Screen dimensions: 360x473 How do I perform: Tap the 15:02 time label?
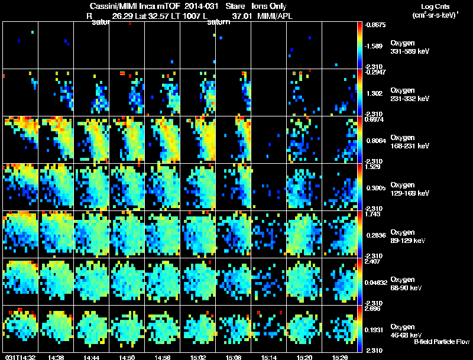click(198, 357)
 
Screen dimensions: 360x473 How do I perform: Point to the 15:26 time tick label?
click(339, 357)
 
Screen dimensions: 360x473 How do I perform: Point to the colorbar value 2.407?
click(373, 261)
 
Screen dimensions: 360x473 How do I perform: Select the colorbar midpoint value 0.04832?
click(375, 282)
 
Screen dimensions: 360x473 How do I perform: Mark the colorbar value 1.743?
click(373, 214)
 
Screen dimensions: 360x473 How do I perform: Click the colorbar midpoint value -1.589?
click(374, 46)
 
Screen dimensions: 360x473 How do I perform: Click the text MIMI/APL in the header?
click(275, 16)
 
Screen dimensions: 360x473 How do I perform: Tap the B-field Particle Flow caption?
click(441, 342)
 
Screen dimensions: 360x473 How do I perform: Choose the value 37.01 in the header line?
click(241, 16)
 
